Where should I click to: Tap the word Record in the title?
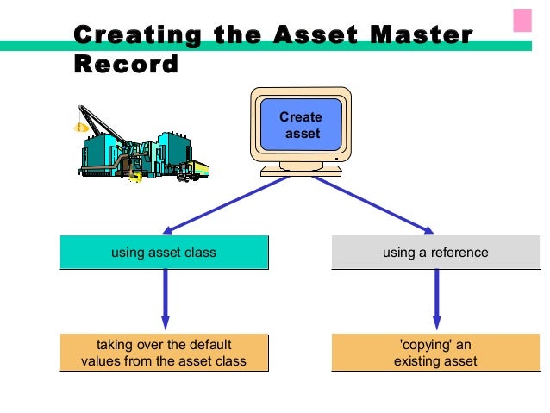[126, 65]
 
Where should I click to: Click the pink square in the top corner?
[522, 21]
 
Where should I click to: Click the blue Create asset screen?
[301, 126]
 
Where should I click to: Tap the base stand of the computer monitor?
[301, 170]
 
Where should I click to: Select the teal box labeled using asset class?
[164, 253]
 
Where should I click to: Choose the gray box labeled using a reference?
[435, 253]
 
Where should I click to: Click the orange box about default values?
[164, 353]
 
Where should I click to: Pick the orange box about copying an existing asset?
[435, 353]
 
